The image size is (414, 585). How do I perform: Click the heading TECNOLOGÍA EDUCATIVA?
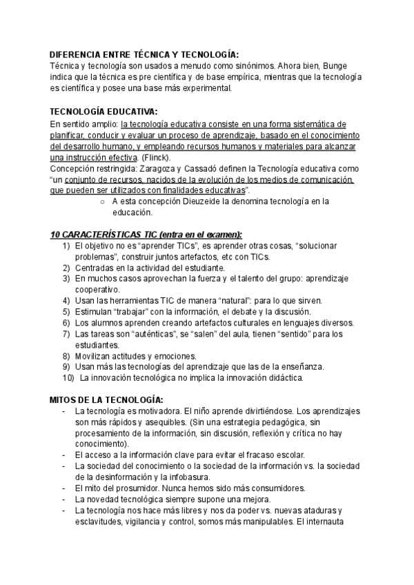(103, 111)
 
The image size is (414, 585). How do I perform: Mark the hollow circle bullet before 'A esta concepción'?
(102, 202)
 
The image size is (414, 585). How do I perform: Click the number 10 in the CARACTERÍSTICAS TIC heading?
(57, 235)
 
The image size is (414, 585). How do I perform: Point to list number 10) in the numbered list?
(68, 378)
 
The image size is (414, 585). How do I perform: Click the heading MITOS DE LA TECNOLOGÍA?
(106, 400)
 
